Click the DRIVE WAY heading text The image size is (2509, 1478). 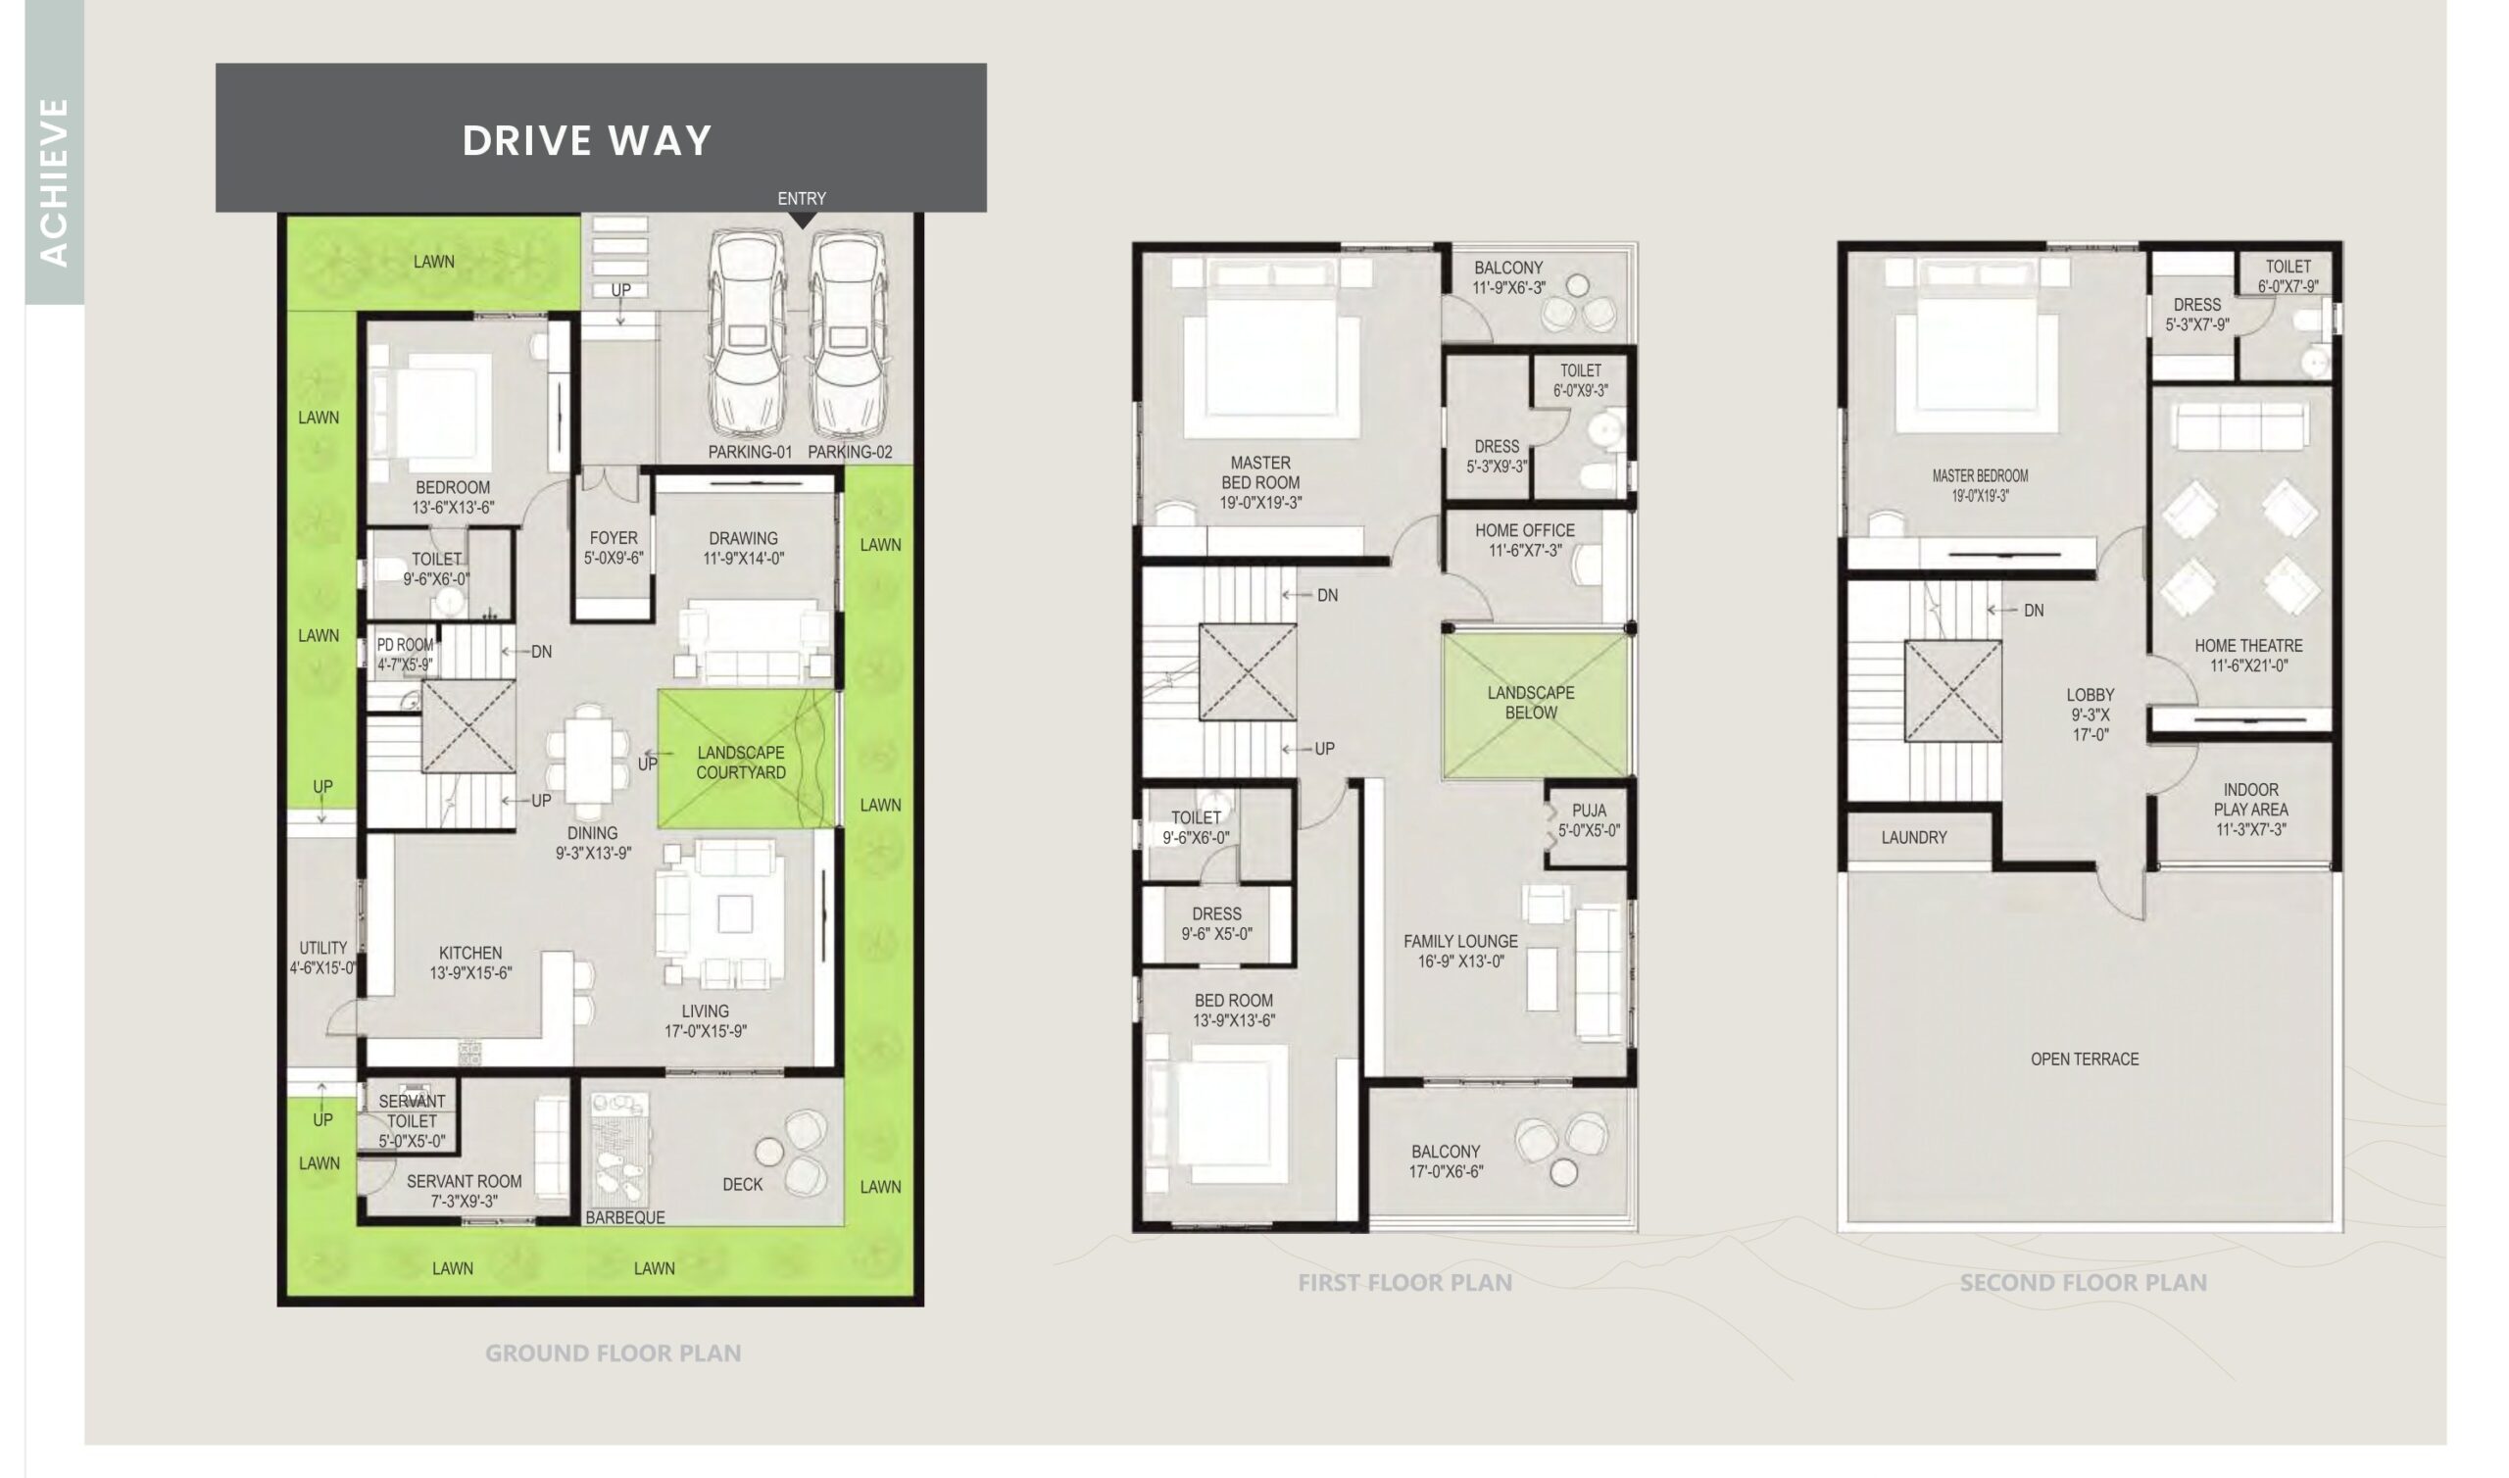[587, 140]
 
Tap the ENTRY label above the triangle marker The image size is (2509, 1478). [802, 198]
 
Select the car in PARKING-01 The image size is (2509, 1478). [749, 333]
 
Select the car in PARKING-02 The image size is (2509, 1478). [850, 333]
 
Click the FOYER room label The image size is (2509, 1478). [614, 538]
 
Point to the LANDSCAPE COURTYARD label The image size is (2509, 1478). [741, 763]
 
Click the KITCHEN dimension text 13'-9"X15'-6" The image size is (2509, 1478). [471, 973]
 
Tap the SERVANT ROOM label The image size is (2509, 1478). [464, 1181]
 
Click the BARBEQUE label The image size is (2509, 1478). [625, 1217]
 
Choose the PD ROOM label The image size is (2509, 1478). [405, 645]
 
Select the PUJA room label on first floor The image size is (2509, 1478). [1589, 811]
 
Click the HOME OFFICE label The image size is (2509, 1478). [1525, 531]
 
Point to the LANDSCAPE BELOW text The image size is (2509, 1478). [1531, 703]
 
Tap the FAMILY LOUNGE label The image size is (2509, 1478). [1460, 941]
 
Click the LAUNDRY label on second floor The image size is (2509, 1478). [1914, 838]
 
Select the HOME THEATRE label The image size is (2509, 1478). [2249, 645]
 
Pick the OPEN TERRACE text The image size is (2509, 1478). [2085, 1059]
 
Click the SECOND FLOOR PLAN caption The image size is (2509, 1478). [2084, 1283]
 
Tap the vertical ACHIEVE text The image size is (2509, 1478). [54, 182]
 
